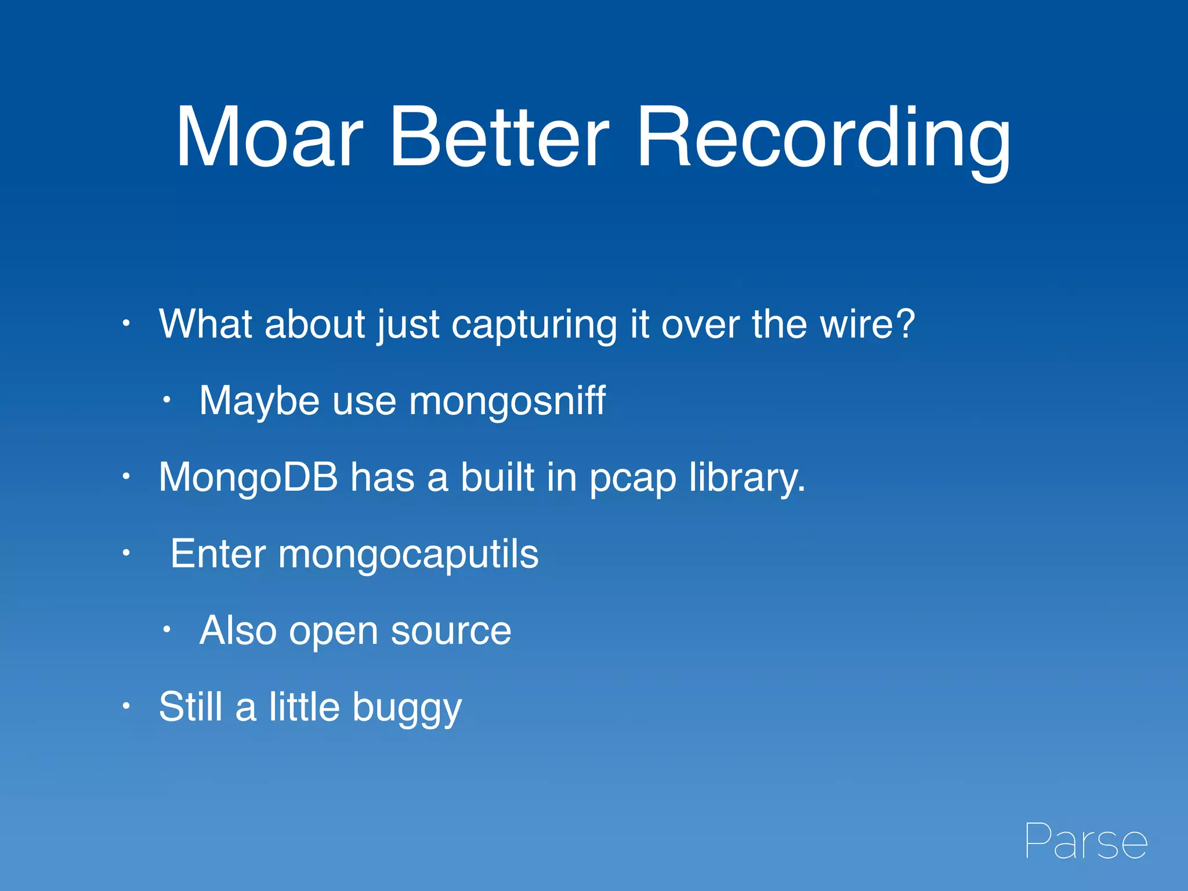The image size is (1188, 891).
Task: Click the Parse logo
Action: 1086,841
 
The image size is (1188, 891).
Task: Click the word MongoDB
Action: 248,477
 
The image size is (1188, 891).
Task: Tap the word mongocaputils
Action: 408,555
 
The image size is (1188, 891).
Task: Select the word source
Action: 451,631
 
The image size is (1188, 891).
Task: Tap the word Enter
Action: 218,554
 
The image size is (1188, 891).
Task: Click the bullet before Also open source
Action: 166,629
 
